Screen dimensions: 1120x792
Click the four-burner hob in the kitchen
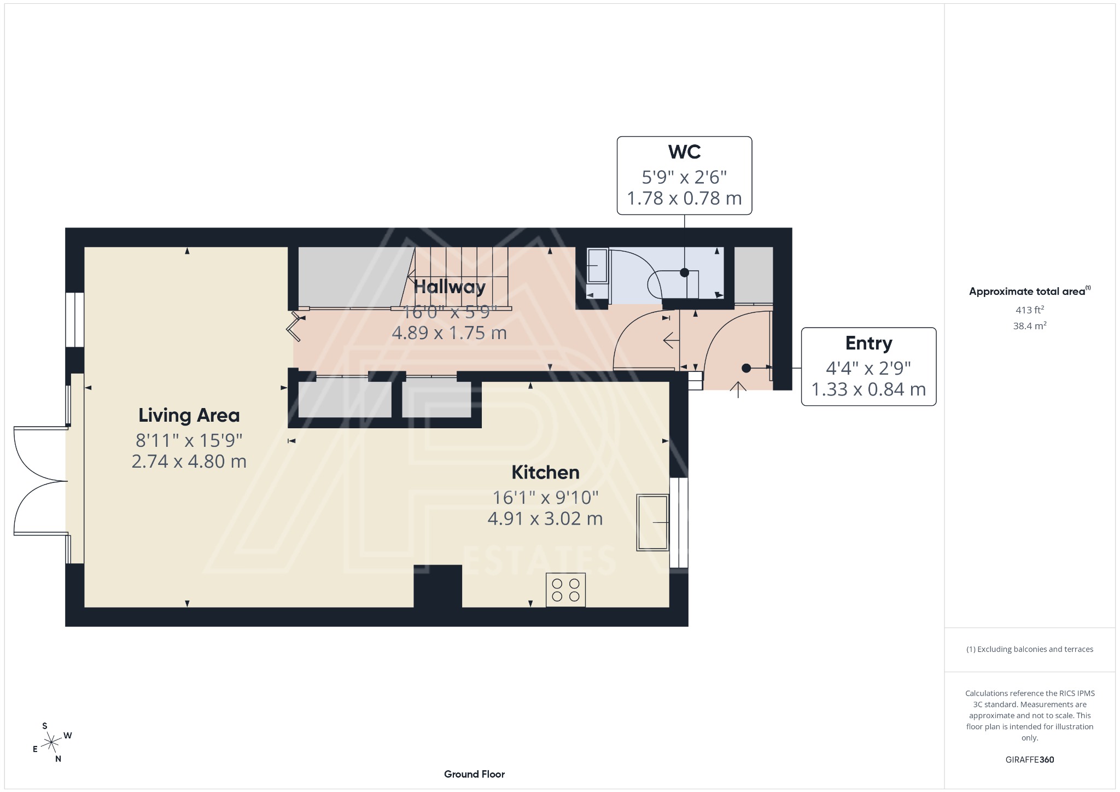click(565, 590)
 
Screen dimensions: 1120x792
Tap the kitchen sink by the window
click(652, 522)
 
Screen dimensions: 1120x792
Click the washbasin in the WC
click(597, 266)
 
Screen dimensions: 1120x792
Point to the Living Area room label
click(189, 415)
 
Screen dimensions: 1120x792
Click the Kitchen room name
click(545, 472)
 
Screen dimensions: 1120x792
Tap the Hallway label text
click(449, 287)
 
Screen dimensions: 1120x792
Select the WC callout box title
click(684, 152)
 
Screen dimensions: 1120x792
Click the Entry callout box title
click(868, 343)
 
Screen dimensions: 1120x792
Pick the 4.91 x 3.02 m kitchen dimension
click(545, 519)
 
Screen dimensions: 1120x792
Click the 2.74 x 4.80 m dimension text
click(189, 462)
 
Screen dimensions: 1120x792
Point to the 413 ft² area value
click(1029, 310)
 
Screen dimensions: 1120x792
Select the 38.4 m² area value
click(1029, 326)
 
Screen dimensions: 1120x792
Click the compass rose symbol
click(51, 742)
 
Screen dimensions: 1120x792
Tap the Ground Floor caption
click(474, 774)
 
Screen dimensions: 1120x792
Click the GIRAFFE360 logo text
click(1029, 759)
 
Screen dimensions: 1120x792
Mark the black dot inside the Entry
click(746, 368)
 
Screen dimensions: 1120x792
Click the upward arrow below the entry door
click(738, 389)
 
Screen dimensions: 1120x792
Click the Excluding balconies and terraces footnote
click(1029, 649)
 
